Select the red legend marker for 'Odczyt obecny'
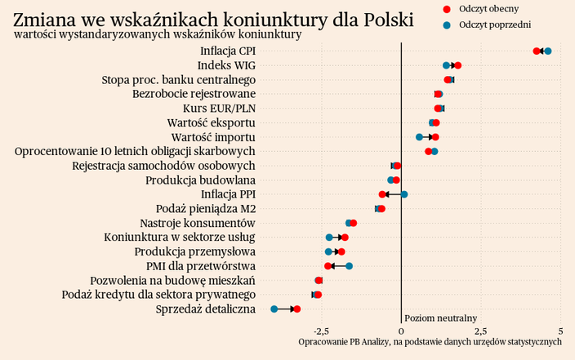[446, 8]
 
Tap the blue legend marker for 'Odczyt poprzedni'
[446, 25]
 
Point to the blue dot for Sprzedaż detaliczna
[274, 309]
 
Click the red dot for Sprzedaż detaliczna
[297, 309]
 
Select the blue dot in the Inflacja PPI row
[404, 194]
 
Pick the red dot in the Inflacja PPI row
[382, 194]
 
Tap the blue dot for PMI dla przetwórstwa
[349, 266]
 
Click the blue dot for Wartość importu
[420, 137]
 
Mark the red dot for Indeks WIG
[458, 65]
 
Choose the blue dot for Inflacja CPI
[548, 51]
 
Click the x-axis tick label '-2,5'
[322, 331]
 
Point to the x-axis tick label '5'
[560, 331]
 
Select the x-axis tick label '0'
[401, 331]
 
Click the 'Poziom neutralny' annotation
[441, 317]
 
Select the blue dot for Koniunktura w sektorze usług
[329, 238]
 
